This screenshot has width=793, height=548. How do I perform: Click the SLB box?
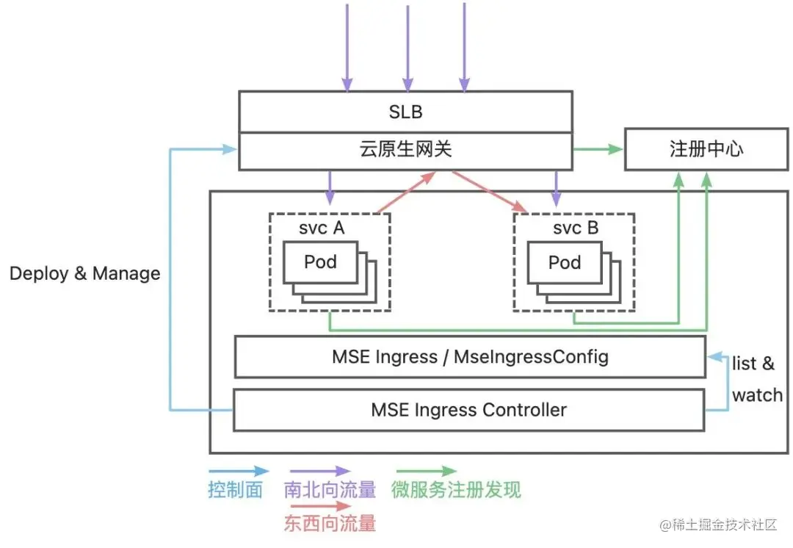405,113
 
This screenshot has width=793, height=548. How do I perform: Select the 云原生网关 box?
405,150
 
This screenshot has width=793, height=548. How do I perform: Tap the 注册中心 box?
706,149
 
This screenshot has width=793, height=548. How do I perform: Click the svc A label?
321,228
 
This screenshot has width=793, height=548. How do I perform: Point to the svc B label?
575,228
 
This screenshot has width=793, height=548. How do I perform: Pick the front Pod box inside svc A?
320,262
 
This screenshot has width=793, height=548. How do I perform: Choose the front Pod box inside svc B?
564,262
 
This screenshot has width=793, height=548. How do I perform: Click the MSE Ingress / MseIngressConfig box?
470,357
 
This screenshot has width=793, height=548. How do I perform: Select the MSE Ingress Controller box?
470,409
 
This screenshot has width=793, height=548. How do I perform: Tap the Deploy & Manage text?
84,274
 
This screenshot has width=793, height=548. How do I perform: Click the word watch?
757,395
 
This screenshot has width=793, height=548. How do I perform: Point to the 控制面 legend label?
235,490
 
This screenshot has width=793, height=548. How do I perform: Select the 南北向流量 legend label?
330,490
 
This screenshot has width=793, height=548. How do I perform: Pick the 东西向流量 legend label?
330,523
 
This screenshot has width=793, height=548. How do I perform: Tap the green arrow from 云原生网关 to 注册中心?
598,150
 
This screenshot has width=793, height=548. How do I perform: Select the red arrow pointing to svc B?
488,192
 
